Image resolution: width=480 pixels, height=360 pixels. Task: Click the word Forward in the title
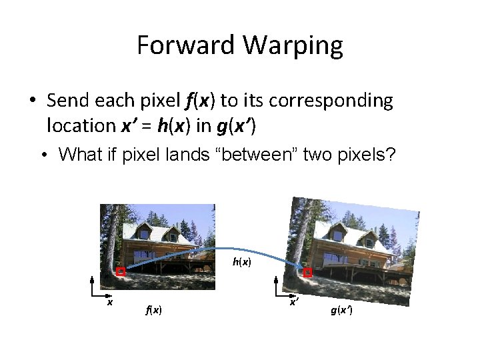click(187, 45)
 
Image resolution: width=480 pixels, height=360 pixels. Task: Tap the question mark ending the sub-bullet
click(391, 155)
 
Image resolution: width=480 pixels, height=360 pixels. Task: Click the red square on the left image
click(120, 271)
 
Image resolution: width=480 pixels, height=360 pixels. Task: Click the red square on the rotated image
click(307, 273)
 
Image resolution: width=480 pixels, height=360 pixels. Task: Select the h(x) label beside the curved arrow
click(241, 262)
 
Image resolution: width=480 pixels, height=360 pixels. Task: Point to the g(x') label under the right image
click(341, 311)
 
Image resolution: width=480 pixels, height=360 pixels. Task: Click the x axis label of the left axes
click(110, 302)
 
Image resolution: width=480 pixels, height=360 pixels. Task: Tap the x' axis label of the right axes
click(293, 303)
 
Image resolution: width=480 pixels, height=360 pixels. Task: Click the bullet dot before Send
click(32, 101)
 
